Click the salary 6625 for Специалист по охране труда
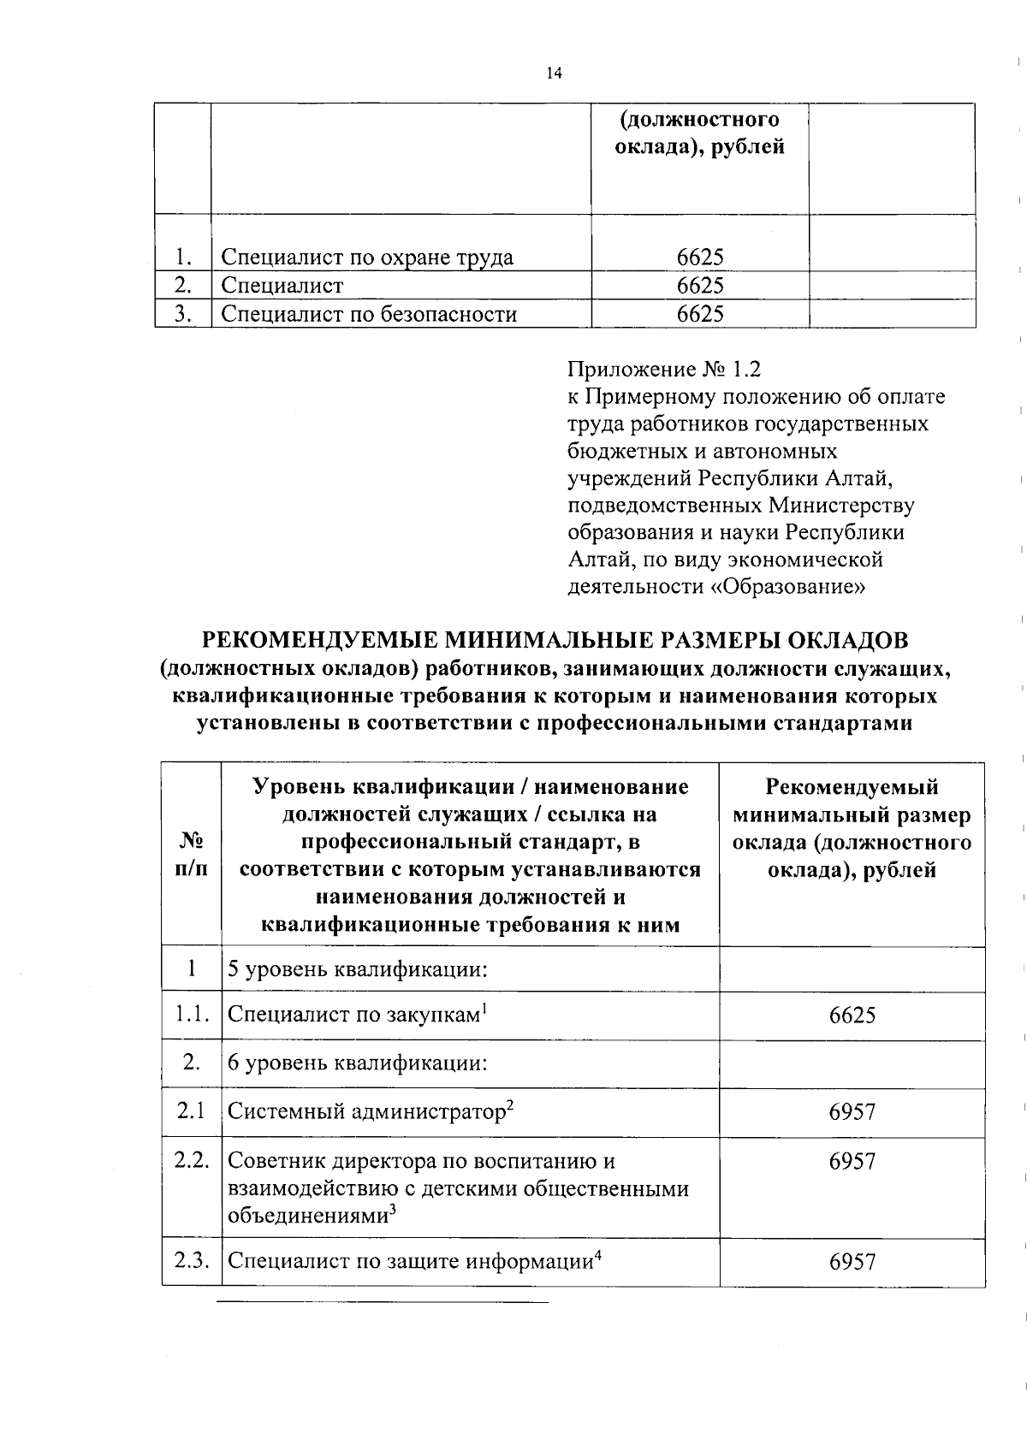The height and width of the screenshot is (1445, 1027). (x=700, y=258)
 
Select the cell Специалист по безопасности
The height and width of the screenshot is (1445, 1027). (x=369, y=314)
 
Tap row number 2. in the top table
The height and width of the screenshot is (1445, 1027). (x=181, y=285)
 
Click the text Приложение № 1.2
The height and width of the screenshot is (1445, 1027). (x=664, y=370)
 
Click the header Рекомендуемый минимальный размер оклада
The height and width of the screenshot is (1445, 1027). (x=852, y=828)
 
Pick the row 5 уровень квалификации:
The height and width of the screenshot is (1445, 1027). (x=358, y=970)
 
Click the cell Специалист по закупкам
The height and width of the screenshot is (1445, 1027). (x=353, y=1016)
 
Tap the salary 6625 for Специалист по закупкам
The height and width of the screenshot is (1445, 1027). (x=852, y=1016)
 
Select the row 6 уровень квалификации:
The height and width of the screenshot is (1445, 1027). (x=358, y=1063)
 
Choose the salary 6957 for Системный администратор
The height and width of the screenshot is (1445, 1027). (x=852, y=1112)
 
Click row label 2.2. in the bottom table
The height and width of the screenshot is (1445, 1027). (x=191, y=1161)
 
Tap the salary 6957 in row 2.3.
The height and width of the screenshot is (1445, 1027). (x=852, y=1261)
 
